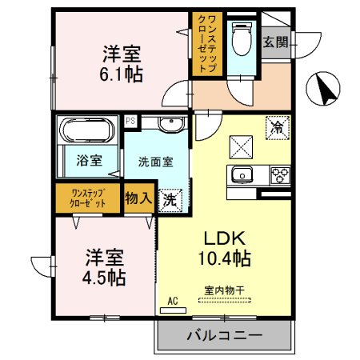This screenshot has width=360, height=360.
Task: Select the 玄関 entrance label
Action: pos(275,42)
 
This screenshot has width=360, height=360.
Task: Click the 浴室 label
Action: pos(89,160)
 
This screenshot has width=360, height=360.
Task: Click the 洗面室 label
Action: pos(155,160)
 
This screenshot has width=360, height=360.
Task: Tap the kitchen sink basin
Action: pos(241,175)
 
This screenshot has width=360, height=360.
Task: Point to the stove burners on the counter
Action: pos(280,174)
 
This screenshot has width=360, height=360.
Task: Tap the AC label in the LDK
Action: pos(172,302)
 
